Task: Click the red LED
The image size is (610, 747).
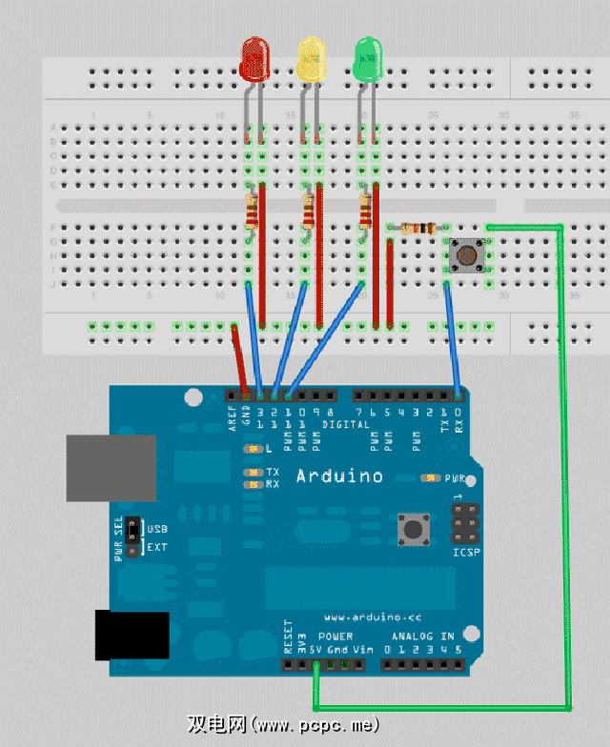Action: [x=254, y=59]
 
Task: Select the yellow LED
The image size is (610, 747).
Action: [x=311, y=59]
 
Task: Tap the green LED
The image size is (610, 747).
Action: [x=367, y=59]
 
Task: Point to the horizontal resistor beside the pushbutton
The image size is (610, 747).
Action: [x=417, y=228]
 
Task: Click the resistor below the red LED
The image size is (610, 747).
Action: [x=251, y=211]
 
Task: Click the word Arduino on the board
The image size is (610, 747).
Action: [x=339, y=475]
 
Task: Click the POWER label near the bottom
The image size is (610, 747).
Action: [x=335, y=636]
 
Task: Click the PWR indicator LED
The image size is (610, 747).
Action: [x=430, y=478]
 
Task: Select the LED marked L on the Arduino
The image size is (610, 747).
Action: [x=252, y=448]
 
